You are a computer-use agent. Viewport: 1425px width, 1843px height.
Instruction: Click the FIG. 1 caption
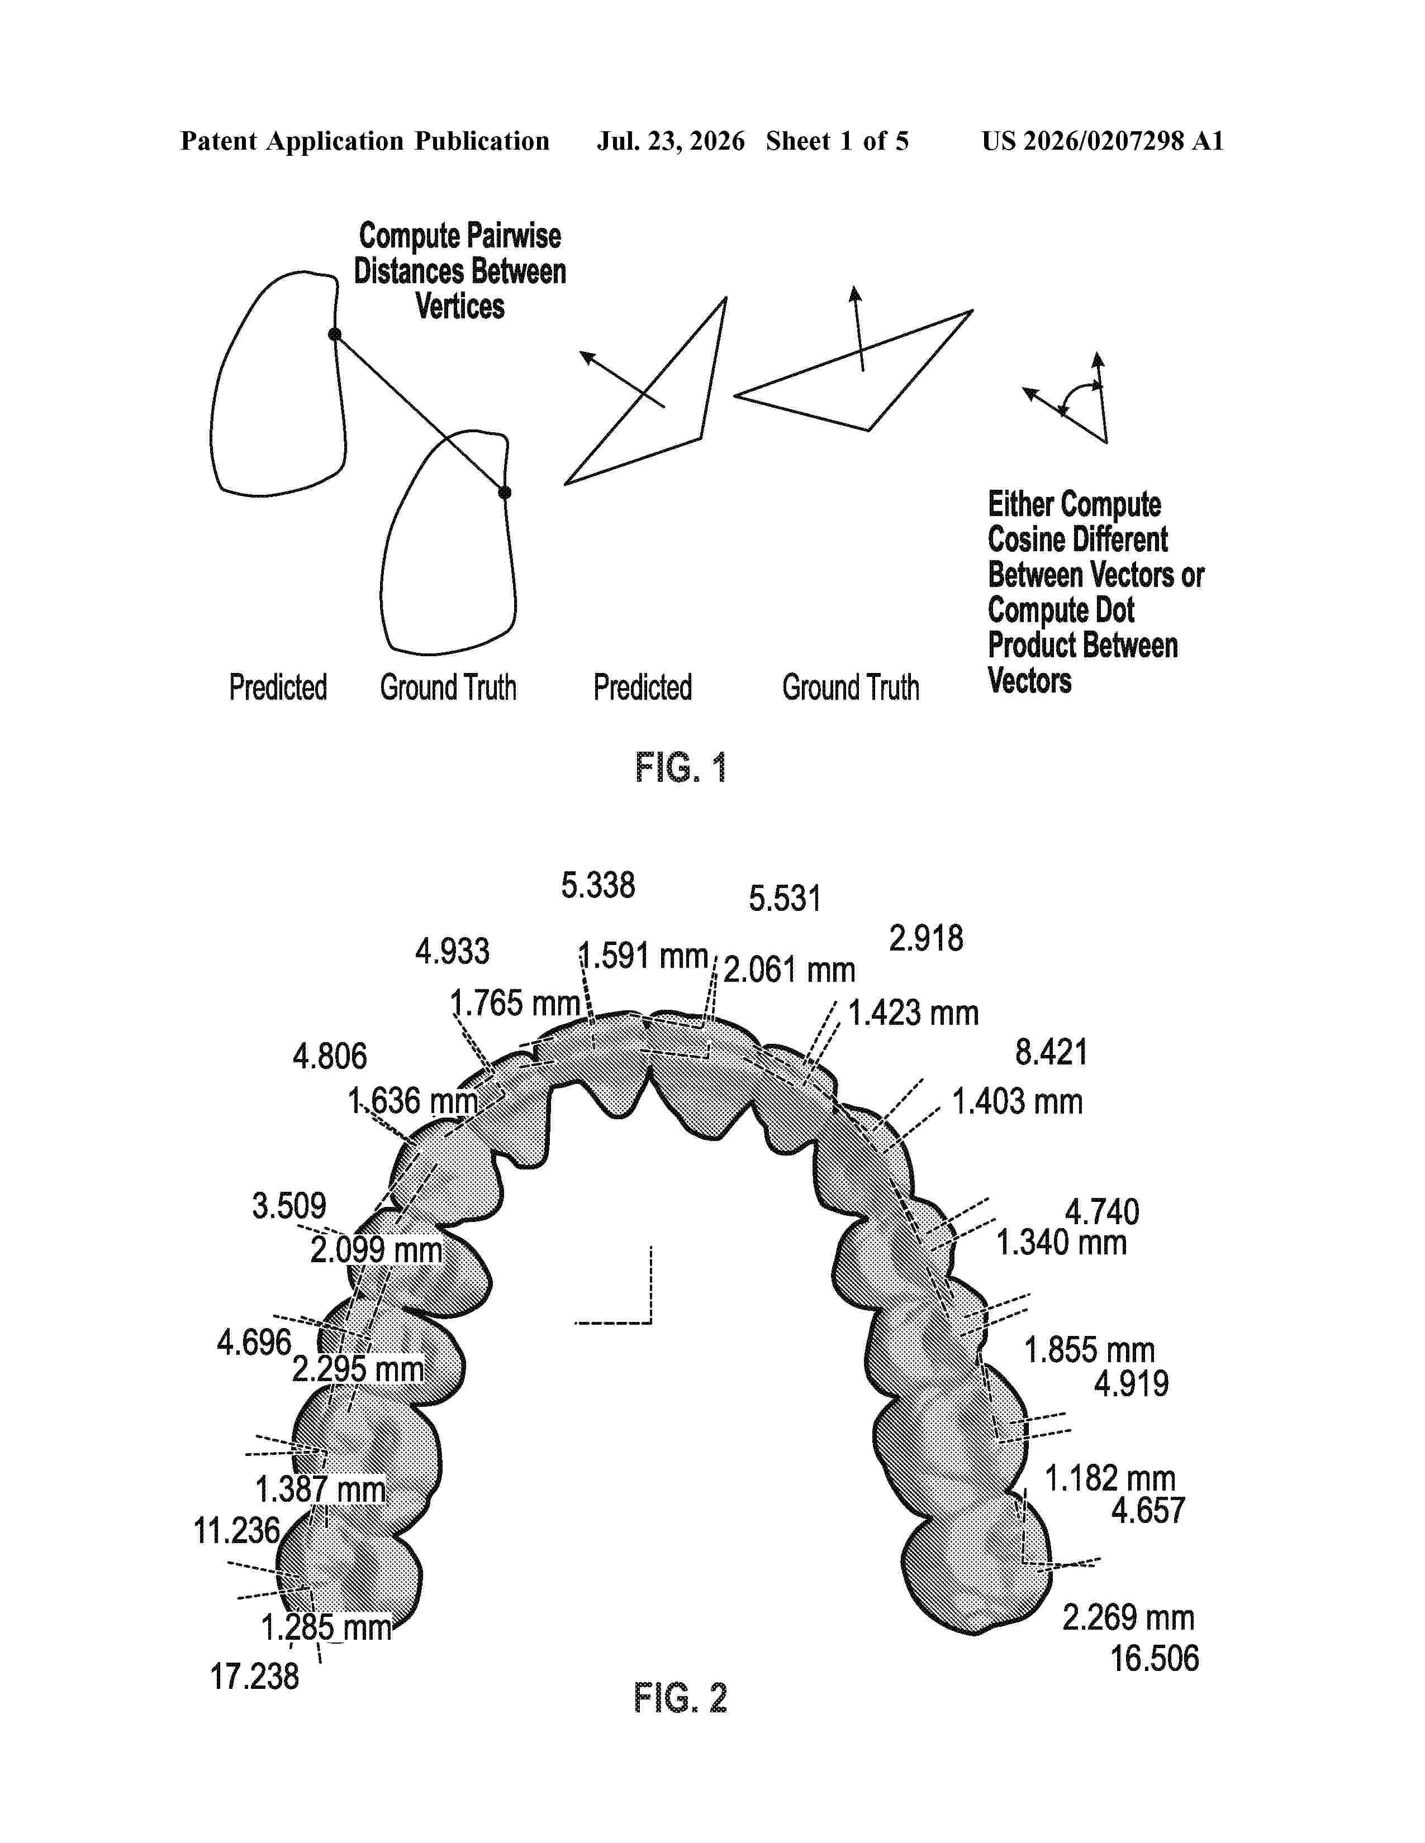point(681,767)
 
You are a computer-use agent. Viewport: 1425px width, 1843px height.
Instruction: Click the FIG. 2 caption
point(681,1697)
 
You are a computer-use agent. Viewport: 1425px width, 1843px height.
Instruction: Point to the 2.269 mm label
point(1128,1618)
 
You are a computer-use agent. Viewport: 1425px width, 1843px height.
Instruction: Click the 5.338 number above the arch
point(598,885)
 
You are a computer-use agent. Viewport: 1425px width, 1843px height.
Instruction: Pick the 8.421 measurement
point(1051,1052)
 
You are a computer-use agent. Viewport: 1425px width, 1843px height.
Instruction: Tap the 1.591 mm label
point(643,956)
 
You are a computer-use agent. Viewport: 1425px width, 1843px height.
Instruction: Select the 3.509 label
point(289,1206)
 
